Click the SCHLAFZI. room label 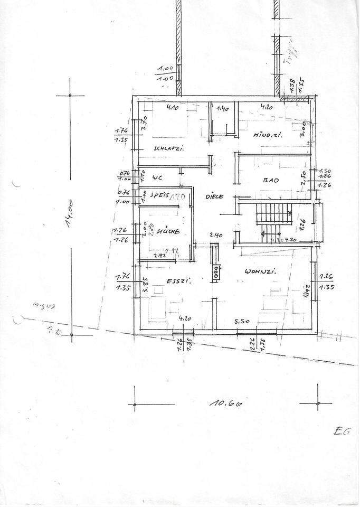(x=168, y=149)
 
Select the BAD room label (x=271, y=181)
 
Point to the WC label (x=156, y=177)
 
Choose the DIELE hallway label (x=214, y=196)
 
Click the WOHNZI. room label (x=261, y=272)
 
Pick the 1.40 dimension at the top (x=224, y=109)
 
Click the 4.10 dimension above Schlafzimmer (x=173, y=108)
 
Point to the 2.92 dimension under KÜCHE (x=159, y=256)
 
